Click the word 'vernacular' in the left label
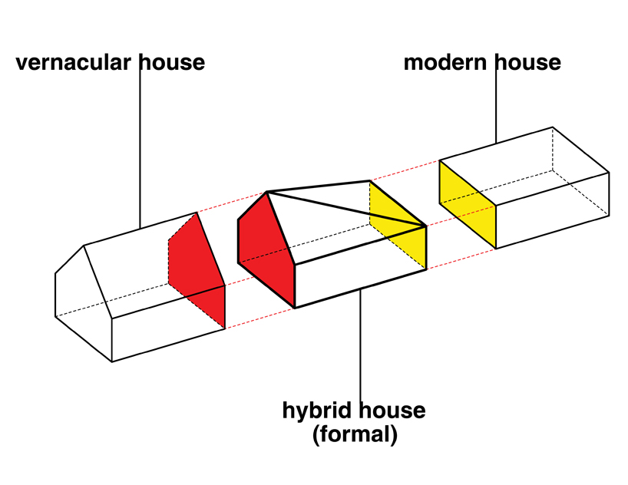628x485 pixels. point(74,62)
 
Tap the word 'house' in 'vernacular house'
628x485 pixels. point(172,62)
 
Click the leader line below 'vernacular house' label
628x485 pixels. point(140,146)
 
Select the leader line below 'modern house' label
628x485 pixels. point(496,107)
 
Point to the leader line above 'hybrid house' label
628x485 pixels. point(361,345)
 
